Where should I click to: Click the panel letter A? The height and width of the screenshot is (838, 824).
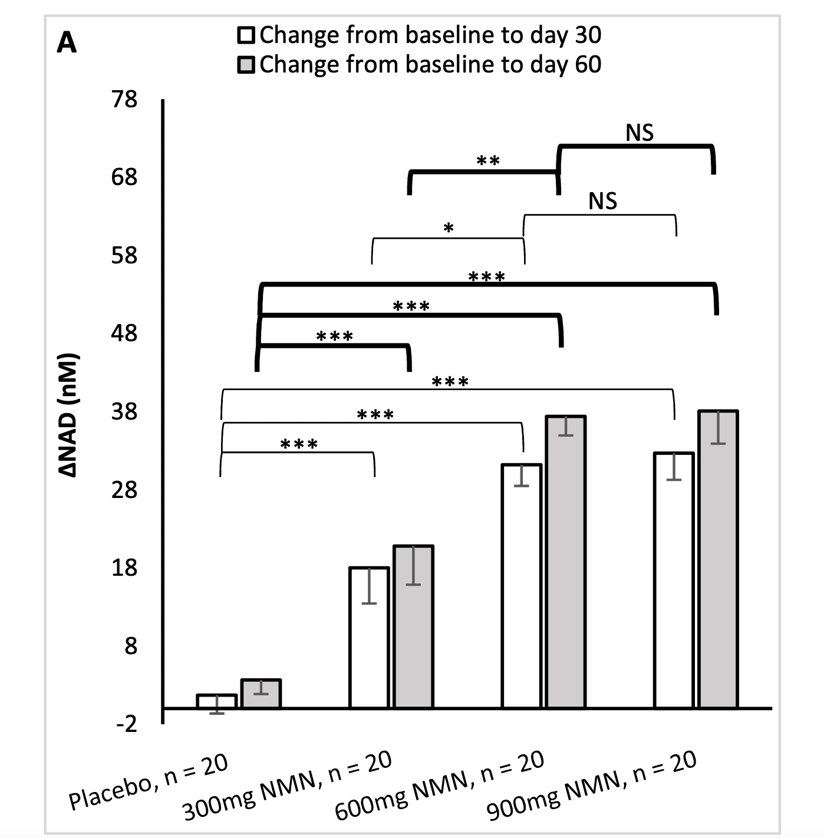coord(67,43)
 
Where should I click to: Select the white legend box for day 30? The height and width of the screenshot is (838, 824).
coord(246,35)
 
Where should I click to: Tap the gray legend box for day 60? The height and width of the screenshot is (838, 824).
coord(246,65)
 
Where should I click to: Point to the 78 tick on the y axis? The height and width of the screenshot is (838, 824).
coord(124,99)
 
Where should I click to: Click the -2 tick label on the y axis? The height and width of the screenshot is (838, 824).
coord(126,724)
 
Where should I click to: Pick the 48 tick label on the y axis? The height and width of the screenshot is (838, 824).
coord(124,334)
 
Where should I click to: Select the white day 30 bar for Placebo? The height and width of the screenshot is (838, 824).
coord(216,701)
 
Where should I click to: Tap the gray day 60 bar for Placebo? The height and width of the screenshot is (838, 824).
coord(261,694)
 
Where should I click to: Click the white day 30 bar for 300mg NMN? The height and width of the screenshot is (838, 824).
coord(369,638)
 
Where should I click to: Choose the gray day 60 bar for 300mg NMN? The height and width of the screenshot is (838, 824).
coord(414,626)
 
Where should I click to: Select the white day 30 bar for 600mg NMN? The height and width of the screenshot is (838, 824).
coord(521,586)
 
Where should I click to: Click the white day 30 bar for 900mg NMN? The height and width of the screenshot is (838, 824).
coord(674,580)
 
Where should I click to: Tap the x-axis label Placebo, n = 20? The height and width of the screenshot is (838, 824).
coord(149,782)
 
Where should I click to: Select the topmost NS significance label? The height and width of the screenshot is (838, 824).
coord(640,133)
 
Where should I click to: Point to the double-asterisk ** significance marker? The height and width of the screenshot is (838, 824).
coord(488,161)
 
